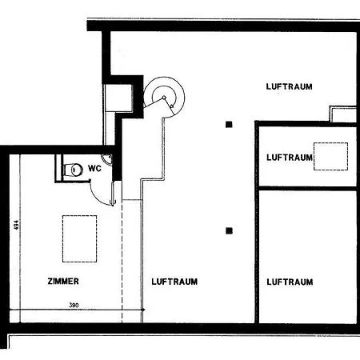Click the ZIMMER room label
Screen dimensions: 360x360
click(63, 281)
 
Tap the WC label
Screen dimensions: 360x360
click(94, 169)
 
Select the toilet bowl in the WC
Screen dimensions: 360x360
click(74, 170)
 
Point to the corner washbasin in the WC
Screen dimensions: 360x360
click(107, 158)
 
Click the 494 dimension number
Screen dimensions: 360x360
click(17, 225)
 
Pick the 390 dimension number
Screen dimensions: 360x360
click(74, 305)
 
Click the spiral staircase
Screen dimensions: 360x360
click(164, 97)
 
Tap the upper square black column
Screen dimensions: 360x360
click(229, 125)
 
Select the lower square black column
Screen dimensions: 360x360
click(229, 230)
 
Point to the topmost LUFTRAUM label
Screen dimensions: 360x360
click(289, 86)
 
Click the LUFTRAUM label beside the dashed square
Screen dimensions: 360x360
click(290, 158)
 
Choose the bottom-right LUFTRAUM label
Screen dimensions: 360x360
click(290, 282)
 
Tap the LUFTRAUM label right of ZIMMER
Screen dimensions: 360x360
click(174, 282)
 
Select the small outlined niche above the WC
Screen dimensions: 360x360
click(119, 98)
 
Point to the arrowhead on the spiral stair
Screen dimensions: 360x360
click(172, 106)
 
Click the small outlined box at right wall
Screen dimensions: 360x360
click(343, 114)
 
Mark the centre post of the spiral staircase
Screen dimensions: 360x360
click(164, 98)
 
